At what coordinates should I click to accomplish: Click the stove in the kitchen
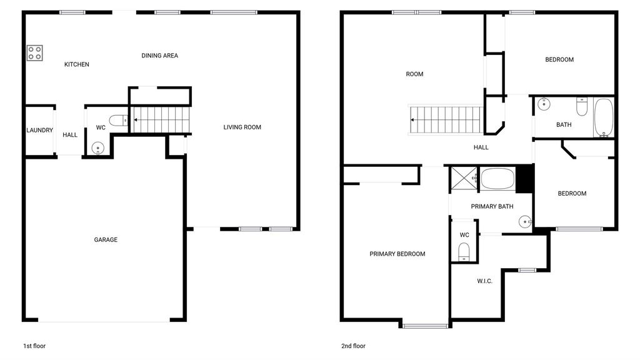tap(35, 53)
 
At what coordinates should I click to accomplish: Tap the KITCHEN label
tap(77, 64)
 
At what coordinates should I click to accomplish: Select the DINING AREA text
tap(159, 56)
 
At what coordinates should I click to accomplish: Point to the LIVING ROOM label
tap(242, 127)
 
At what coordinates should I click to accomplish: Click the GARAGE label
tap(106, 240)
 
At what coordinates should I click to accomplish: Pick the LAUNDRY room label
tap(39, 130)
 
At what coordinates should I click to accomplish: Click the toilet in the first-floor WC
tap(118, 121)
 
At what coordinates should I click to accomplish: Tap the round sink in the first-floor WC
tap(98, 147)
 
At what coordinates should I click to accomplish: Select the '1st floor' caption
tap(34, 346)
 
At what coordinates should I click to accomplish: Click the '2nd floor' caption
tap(354, 346)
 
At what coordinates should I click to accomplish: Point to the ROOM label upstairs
tap(414, 74)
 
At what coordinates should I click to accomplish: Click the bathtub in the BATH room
tap(604, 117)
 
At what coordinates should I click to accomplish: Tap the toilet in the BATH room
tap(582, 107)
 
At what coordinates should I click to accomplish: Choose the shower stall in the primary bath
tap(463, 178)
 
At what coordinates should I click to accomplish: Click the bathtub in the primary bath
tap(497, 179)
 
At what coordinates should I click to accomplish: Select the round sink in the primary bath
tap(525, 222)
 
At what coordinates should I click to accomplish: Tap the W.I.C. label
tap(485, 281)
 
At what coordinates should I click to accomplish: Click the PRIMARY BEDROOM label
tap(397, 254)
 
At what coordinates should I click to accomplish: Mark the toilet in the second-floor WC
tap(464, 251)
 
